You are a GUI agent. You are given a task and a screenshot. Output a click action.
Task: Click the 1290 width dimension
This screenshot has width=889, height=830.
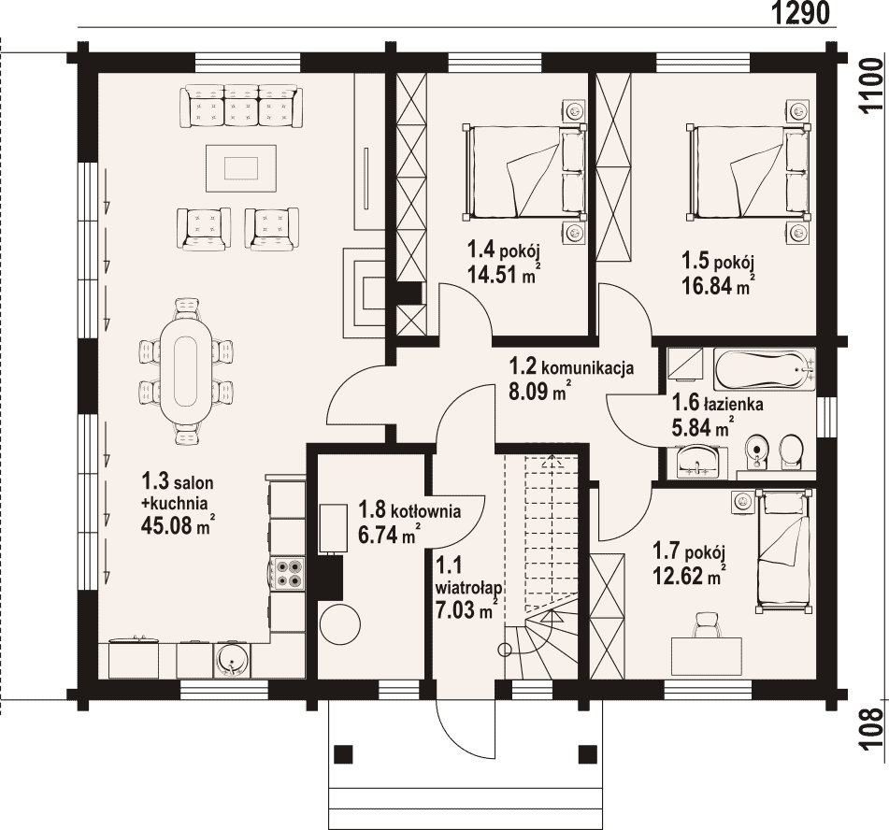pyautogui.click(x=801, y=13)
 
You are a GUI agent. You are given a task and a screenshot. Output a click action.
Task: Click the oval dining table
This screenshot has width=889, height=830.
pyautogui.click(x=185, y=371)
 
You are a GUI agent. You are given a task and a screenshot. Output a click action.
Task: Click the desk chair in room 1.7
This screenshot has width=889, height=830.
pyautogui.click(x=705, y=624)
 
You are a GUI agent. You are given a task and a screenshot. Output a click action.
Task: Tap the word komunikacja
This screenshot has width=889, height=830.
pyautogui.click(x=588, y=368)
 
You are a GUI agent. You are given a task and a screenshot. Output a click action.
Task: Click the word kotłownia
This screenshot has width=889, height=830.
pyautogui.click(x=425, y=511)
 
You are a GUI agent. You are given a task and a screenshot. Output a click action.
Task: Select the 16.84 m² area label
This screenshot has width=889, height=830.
pyautogui.click(x=717, y=286)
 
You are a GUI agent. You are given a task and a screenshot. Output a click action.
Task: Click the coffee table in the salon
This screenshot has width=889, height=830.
pyautogui.click(x=242, y=168)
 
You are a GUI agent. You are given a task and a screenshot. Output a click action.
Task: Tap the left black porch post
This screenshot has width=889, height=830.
pyautogui.click(x=343, y=753)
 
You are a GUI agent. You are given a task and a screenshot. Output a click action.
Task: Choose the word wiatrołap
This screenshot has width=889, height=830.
pyautogui.click(x=469, y=587)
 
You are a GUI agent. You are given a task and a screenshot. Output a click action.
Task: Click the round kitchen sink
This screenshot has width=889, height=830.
pyautogui.click(x=232, y=660)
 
